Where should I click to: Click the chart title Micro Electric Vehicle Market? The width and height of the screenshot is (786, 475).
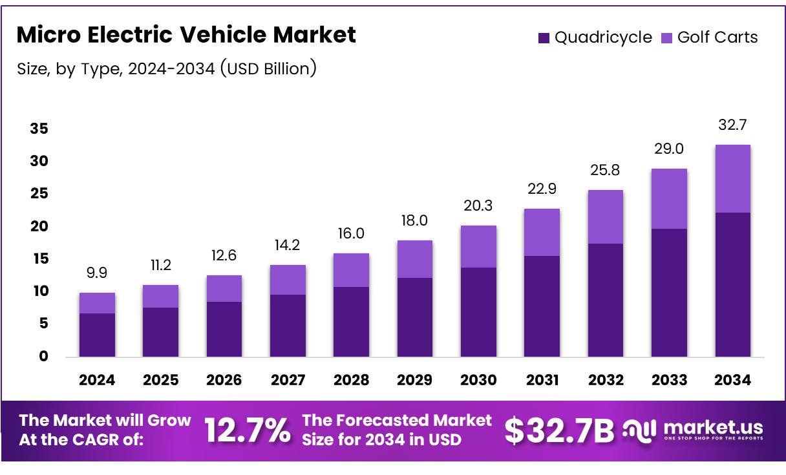point(186,35)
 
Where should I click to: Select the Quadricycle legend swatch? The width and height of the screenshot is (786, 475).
point(544,38)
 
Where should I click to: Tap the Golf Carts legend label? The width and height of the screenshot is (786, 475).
point(717,37)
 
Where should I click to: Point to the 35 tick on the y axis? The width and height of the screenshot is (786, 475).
point(39,129)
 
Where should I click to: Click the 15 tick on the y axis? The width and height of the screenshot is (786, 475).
point(39,259)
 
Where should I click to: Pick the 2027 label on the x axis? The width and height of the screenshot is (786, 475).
point(287,380)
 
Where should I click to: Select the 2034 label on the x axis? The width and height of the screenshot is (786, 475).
point(732,380)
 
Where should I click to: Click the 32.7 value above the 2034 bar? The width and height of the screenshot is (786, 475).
point(732,125)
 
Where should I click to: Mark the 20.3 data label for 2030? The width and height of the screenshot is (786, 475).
point(478,206)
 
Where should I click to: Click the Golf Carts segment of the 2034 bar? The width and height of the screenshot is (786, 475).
point(732,178)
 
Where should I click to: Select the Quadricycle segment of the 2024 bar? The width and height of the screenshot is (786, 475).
point(97,335)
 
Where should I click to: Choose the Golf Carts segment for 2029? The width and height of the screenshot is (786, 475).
point(414,259)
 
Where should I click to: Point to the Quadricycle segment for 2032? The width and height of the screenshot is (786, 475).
point(605,300)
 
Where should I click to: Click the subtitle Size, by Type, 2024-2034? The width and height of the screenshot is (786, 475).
point(167,68)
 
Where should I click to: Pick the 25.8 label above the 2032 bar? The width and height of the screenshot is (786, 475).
point(605,171)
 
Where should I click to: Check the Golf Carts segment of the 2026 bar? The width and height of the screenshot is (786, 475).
point(224,288)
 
